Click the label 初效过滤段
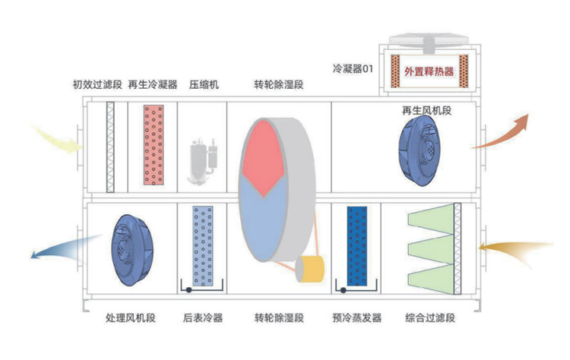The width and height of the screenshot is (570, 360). [97, 85]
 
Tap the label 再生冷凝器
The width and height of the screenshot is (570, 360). [152, 85]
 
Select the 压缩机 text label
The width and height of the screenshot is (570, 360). [204, 85]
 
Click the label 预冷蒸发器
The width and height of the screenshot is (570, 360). [356, 317]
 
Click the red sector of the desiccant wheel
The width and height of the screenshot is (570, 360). [265, 156]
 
